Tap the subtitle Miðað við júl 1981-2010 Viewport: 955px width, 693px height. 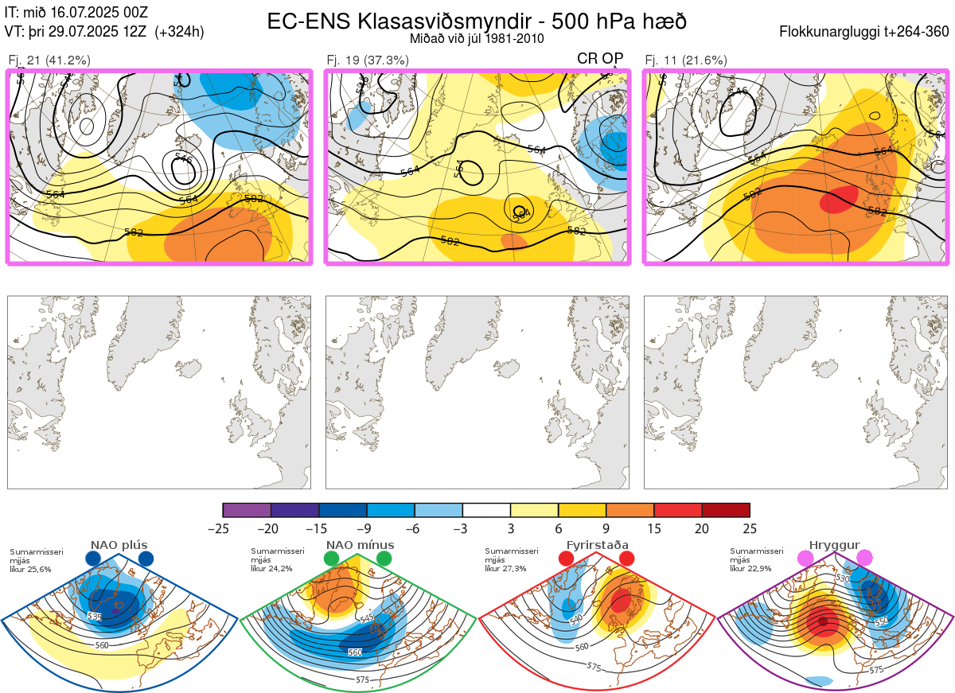tap(477, 38)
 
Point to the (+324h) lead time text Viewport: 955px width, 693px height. tap(180, 32)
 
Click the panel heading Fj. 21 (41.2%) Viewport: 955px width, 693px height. tap(49, 60)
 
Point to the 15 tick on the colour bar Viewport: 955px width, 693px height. tap(654, 528)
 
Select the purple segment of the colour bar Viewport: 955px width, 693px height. tap(247, 510)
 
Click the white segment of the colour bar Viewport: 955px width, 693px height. tap(486, 510)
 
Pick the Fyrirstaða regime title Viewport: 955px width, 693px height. tap(595, 545)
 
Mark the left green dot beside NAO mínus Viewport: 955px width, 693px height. tap(331, 559)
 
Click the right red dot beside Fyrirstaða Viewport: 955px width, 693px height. tap(626, 559)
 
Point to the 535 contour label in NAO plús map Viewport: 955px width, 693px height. tap(95, 616)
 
